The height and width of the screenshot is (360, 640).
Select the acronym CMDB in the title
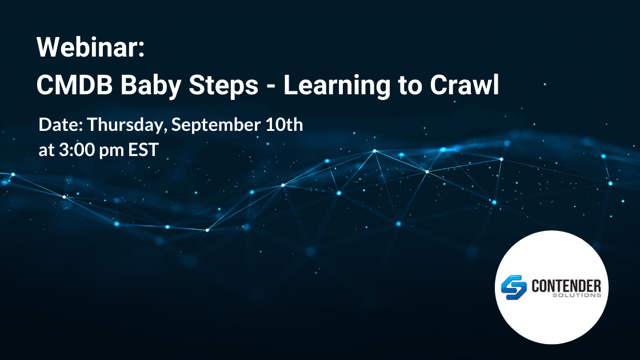tap(74, 85)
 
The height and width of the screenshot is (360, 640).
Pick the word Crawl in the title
tap(465, 85)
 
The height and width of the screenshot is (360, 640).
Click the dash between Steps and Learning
tap(271, 87)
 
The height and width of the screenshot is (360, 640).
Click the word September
tap(216, 125)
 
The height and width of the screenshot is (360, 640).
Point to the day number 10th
tap(284, 125)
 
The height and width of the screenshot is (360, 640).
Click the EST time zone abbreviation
tap(143, 150)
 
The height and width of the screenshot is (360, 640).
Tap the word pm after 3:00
tap(111, 151)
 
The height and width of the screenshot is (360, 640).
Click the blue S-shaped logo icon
tap(514, 287)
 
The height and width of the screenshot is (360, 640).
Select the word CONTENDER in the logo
tap(566, 286)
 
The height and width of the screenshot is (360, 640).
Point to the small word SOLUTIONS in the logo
tap(577, 295)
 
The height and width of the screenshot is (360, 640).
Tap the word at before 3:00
tap(46, 150)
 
